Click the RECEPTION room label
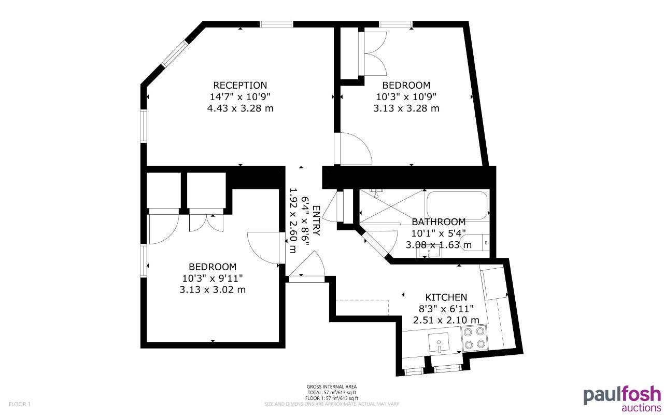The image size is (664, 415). pyautogui.click(x=240, y=85)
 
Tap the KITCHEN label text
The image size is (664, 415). pyautogui.click(x=446, y=297)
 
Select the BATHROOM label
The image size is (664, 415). pyautogui.click(x=439, y=222)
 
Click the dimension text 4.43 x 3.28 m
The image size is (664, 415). pyautogui.click(x=240, y=108)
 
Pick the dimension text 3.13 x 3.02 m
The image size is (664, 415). pyautogui.click(x=213, y=289)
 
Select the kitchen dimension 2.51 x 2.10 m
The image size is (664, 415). pyautogui.click(x=446, y=320)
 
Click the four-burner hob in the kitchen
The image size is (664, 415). pyautogui.click(x=474, y=338)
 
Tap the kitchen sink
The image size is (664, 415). pyautogui.click(x=439, y=342)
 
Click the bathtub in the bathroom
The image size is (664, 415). pyautogui.click(x=456, y=205)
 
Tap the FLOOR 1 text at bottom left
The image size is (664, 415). pyautogui.click(x=20, y=404)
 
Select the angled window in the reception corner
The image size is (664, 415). pyautogui.click(x=174, y=53)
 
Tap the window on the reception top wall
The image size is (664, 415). pyautogui.click(x=276, y=24)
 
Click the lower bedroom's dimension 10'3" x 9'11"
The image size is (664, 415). pyautogui.click(x=213, y=278)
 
